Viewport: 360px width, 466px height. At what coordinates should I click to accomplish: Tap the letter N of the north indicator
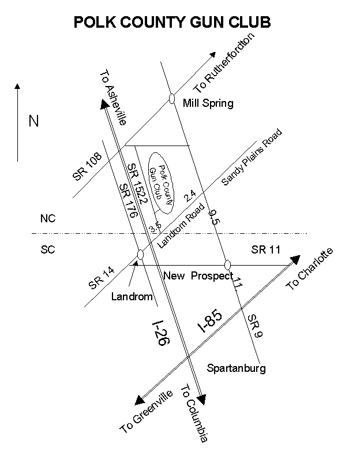click(x=34, y=121)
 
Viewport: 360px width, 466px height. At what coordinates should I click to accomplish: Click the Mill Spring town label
click(x=208, y=104)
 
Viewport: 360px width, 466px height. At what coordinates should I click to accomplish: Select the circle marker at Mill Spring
click(x=171, y=98)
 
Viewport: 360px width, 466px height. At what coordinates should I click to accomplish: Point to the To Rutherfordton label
click(x=224, y=64)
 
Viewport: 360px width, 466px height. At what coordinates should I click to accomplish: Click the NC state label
click(x=48, y=219)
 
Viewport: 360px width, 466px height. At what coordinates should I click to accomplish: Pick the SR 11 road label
click(x=265, y=250)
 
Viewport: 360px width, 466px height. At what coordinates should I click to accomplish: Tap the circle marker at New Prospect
click(x=227, y=264)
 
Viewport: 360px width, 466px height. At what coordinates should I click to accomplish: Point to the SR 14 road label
click(x=101, y=277)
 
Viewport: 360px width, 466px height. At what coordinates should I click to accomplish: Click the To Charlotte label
click(x=310, y=269)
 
